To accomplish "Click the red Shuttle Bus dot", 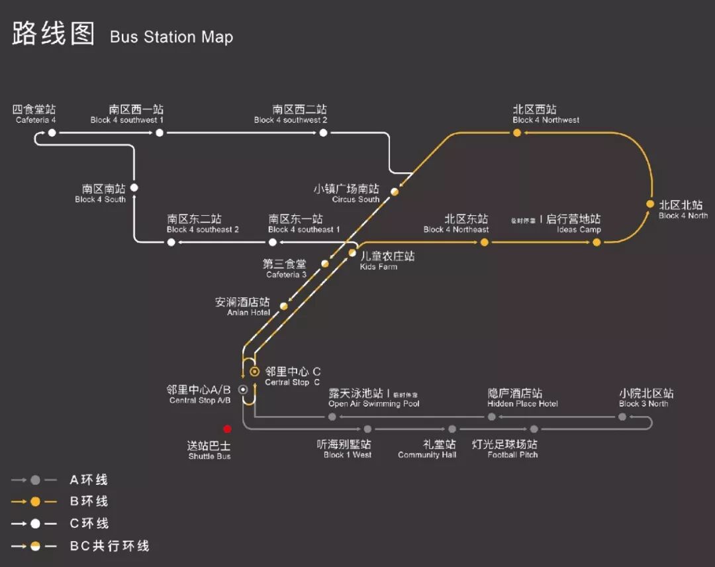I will coord(228,429).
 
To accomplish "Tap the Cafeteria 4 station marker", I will coord(52,133).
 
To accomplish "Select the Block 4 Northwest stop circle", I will coord(517,133).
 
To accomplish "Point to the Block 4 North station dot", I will coord(650,204).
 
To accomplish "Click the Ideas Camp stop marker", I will coord(596,242).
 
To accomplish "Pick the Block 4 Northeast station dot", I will coord(485,242).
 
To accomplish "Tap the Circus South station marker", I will coord(395,191).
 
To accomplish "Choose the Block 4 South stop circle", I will coord(134,188).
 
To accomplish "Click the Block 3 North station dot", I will coord(622,417).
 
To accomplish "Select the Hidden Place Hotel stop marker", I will coord(492,417).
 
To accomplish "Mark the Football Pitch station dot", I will coord(534,429).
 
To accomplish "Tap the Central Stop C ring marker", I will coord(254,372).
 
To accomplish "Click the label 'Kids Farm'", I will coord(379,267).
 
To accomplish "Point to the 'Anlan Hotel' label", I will coord(249,313).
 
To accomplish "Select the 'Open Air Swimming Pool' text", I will coord(374,404).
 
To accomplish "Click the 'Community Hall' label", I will coord(427,455).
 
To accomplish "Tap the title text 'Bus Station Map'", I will coord(171,36).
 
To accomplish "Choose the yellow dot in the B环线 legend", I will coord(35,501).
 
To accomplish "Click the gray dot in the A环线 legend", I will coord(35,480).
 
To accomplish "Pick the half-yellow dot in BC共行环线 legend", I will coord(35,546).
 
